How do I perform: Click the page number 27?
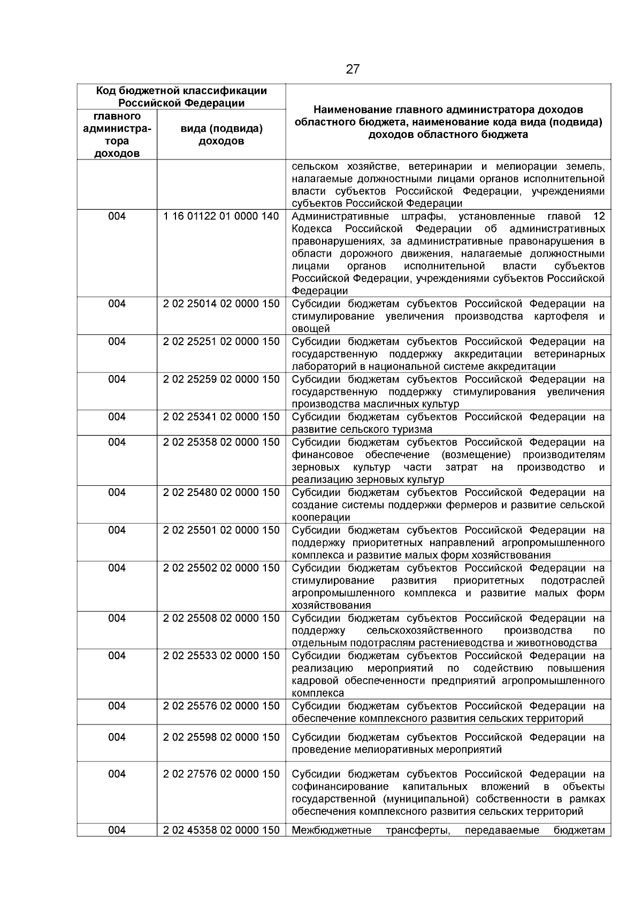pos(353,70)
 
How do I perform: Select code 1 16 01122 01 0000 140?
pos(221,217)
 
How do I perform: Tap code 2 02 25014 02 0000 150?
pos(221,304)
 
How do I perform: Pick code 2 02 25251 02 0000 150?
pos(221,342)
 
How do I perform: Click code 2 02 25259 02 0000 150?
pos(221,379)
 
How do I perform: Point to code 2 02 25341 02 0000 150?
pos(221,417)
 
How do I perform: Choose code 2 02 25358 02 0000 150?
pos(221,442)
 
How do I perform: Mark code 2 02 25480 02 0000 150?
pos(221,493)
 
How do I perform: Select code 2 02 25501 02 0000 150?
pos(221,530)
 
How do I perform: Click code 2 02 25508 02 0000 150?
pos(221,619)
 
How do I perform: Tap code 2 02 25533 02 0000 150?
pos(221,656)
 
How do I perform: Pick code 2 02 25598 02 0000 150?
pos(221,737)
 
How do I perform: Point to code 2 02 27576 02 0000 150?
pos(221,774)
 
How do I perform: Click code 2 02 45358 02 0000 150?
pos(221,830)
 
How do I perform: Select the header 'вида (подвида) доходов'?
pos(221,135)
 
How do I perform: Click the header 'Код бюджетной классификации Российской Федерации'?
pos(181,97)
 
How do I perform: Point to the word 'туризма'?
pos(413,430)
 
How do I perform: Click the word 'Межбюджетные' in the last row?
pos(332,830)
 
